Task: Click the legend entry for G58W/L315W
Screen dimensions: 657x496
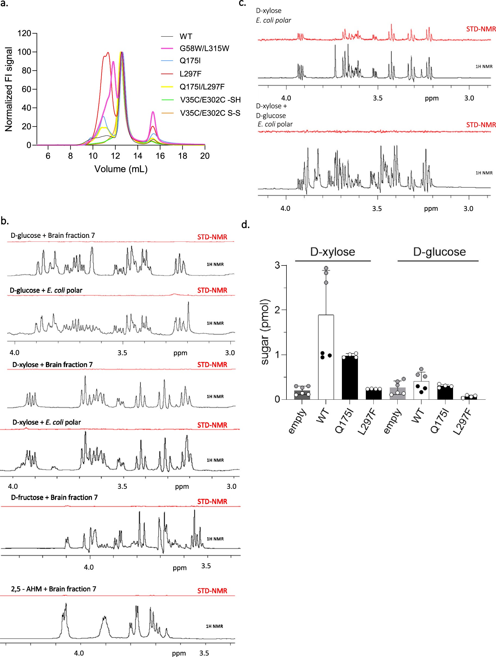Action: pos(204,48)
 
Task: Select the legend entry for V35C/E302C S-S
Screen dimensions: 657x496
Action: pos(210,113)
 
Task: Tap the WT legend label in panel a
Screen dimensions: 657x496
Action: pos(186,36)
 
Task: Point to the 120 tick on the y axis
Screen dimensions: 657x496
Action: pos(24,33)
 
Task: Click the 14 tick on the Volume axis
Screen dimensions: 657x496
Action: pos(138,156)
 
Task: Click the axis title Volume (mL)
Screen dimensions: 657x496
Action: pos(121,169)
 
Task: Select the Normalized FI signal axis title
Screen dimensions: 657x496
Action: pos(9,89)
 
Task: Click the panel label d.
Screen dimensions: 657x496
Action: pos(245,224)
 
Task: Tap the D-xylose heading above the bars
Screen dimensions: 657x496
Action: pos(332,252)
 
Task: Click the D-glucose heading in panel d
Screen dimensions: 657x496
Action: pos(439,252)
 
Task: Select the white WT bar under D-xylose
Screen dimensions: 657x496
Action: pos(326,356)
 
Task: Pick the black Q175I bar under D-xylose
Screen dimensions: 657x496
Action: pos(350,377)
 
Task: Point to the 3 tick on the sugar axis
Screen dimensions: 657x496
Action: pos(277,265)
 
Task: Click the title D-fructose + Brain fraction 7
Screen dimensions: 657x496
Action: pos(54,497)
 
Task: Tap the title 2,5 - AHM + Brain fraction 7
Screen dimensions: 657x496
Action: pos(54,589)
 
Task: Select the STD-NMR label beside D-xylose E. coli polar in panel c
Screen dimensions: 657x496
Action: pos(481,29)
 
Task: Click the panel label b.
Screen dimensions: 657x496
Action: pos(5,221)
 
